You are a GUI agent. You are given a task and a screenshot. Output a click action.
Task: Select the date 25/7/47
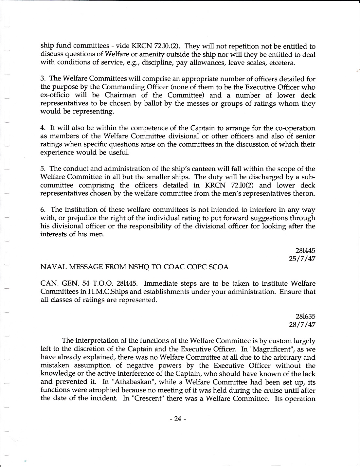tap(304, 259)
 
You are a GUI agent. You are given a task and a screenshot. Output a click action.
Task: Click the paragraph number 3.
tap(42, 79)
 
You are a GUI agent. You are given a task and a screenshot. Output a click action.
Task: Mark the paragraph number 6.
tap(42, 209)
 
